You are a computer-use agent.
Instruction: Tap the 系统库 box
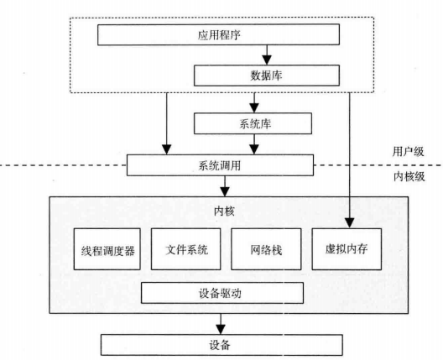[254, 124]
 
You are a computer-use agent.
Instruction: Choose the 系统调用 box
[221, 164]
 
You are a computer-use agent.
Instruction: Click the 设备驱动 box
[221, 294]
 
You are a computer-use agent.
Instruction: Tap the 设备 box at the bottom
[221, 344]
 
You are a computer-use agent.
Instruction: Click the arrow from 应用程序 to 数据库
[267, 56]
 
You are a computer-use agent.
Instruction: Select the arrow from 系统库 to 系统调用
[253, 144]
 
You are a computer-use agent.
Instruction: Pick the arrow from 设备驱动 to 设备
[221, 320]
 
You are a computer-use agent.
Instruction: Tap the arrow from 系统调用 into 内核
[222, 185]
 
